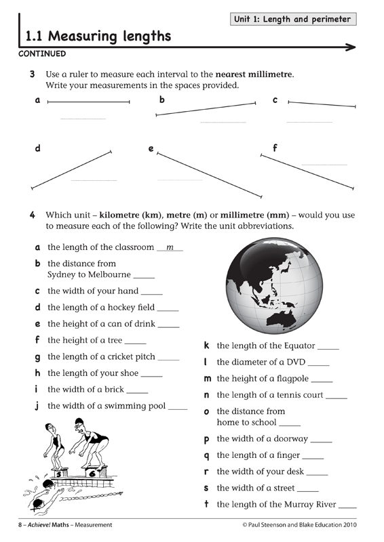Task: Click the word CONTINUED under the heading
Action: point(43,53)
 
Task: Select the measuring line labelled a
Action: point(89,102)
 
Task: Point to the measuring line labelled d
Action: point(71,169)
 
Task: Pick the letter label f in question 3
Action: point(274,148)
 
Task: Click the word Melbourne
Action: point(109,275)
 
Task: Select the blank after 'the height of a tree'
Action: point(136,341)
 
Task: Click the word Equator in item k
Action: point(299,346)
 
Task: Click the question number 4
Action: point(32,215)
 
